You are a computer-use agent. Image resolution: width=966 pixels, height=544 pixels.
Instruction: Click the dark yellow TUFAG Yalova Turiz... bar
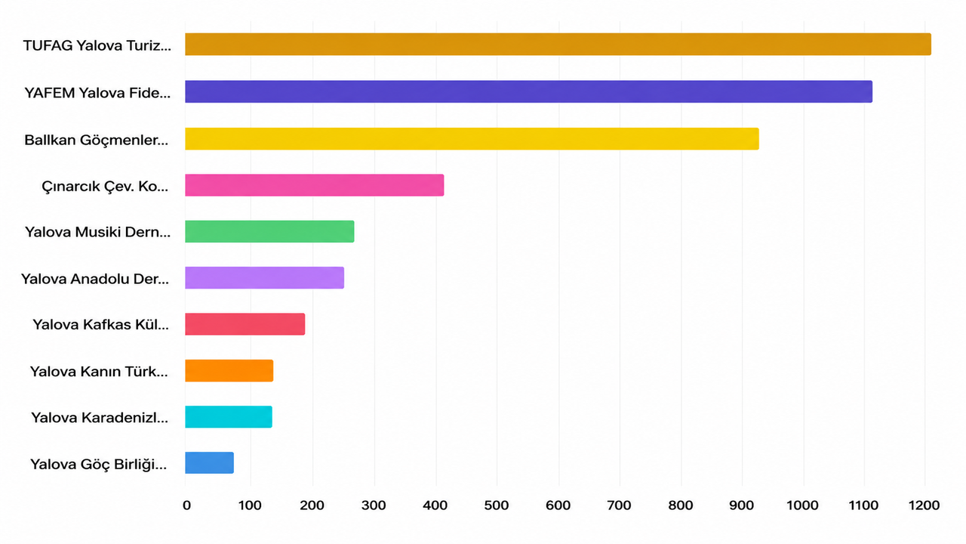click(x=558, y=44)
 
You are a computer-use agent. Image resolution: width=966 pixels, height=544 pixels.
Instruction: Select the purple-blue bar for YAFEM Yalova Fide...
click(x=529, y=91)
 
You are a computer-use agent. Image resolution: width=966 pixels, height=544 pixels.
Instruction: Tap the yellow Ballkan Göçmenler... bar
click(x=472, y=139)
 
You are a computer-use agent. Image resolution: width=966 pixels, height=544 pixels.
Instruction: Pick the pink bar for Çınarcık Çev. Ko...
click(x=315, y=185)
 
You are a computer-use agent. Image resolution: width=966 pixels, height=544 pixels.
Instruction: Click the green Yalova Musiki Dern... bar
click(x=269, y=231)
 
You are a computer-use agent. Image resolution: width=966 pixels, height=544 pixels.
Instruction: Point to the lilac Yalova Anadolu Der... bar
click(x=264, y=277)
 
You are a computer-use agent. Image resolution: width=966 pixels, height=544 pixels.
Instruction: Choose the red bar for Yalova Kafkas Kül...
click(x=245, y=324)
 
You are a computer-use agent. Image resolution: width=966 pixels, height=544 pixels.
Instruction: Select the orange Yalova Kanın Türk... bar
click(x=229, y=371)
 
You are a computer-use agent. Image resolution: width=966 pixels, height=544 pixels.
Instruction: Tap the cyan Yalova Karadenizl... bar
click(x=229, y=417)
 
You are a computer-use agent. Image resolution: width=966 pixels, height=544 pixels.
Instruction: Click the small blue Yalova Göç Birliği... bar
click(x=209, y=463)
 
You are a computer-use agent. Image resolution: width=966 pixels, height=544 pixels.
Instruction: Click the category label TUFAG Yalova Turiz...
click(x=97, y=45)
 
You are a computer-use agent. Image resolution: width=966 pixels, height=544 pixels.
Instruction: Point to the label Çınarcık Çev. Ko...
click(x=105, y=187)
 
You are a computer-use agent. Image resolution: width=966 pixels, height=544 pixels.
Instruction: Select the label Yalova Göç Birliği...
click(x=98, y=465)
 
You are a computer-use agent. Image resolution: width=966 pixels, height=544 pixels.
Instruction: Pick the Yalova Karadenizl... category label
click(x=100, y=418)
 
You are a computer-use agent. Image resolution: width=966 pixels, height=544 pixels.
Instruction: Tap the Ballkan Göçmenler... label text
click(x=96, y=141)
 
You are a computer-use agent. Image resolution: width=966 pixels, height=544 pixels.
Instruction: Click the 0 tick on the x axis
click(x=186, y=505)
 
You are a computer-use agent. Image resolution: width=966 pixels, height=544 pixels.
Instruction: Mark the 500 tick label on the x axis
click(x=497, y=505)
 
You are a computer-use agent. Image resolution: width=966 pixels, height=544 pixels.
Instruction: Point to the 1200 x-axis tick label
click(x=924, y=505)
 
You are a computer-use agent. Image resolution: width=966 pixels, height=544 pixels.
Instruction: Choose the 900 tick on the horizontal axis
click(x=742, y=505)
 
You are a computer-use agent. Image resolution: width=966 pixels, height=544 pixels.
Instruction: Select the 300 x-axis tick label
click(x=374, y=505)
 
